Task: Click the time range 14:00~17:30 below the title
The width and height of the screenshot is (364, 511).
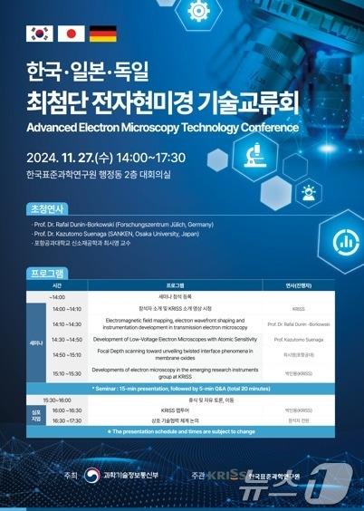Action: click(150, 154)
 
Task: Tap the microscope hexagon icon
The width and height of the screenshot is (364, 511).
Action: click(258, 155)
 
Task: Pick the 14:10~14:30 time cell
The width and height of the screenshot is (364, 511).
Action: click(66, 323)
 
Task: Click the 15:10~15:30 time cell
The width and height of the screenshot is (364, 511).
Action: click(66, 372)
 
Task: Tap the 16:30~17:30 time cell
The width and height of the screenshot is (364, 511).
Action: click(66, 420)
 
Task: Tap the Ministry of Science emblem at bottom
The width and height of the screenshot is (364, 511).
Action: click(91, 475)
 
